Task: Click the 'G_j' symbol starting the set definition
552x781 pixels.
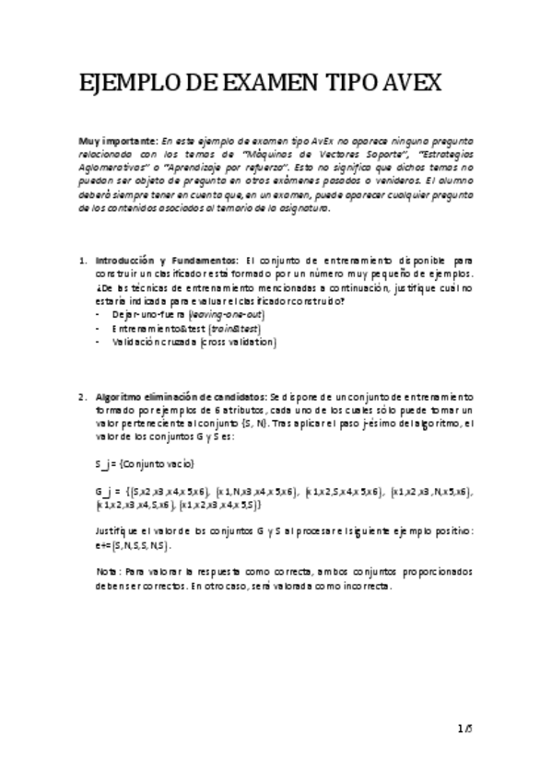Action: pos(103,492)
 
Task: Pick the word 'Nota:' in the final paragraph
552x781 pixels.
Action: pos(109,572)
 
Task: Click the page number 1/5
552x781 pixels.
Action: pos(464,729)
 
